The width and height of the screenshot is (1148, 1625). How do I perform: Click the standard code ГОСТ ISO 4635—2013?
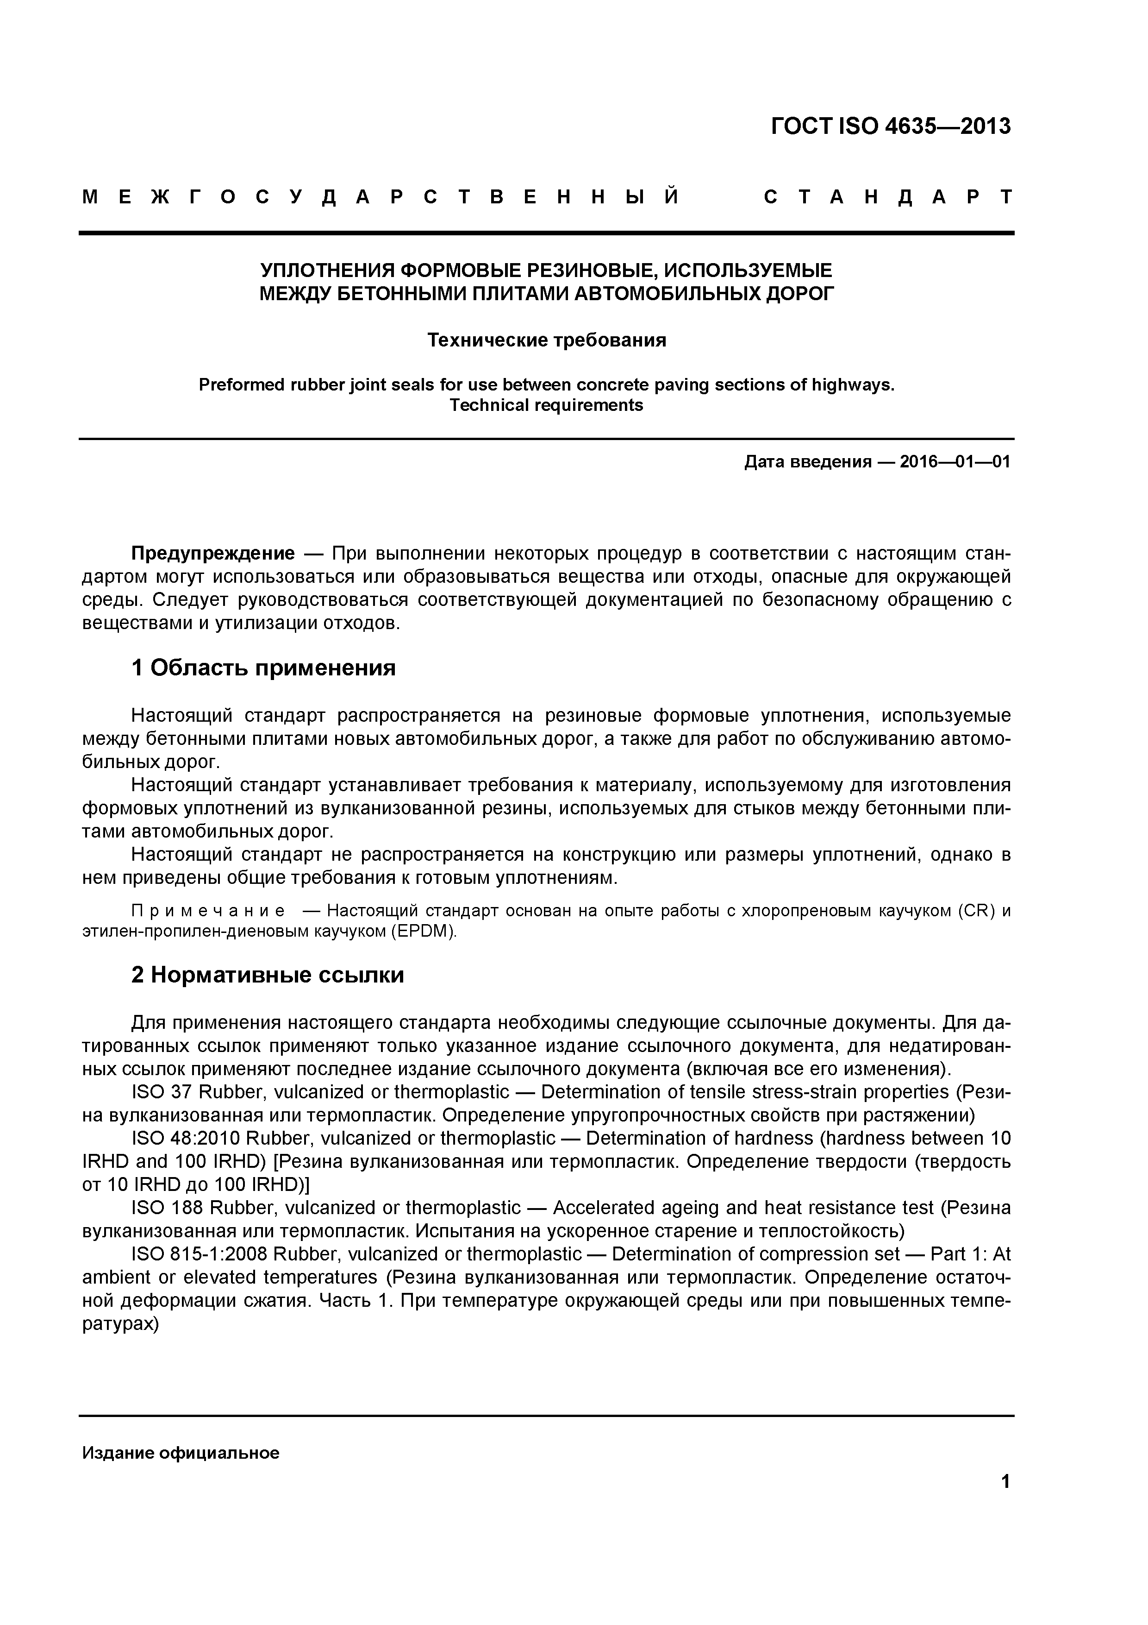click(x=891, y=126)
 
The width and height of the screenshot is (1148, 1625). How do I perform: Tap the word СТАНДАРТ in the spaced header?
click(x=888, y=197)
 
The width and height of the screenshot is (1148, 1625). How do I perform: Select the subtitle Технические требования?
click(x=546, y=340)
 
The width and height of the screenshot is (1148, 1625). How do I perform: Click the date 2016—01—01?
click(x=955, y=462)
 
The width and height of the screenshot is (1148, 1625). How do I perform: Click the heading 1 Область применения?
click(x=263, y=668)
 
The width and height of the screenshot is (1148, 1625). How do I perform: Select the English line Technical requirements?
click(x=546, y=405)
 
